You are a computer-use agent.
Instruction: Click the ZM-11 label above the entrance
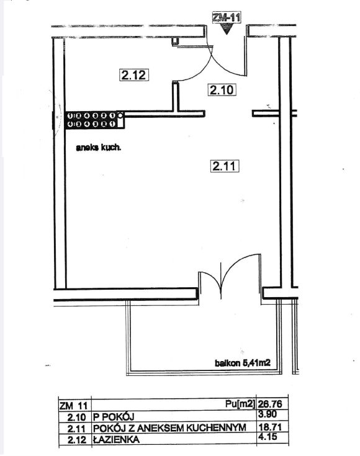click(227, 17)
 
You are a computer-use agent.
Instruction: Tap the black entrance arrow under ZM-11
click(227, 29)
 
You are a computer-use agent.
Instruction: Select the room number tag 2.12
click(134, 75)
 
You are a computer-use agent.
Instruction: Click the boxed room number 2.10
click(222, 89)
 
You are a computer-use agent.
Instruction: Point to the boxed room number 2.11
click(225, 166)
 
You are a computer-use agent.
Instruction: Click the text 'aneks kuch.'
click(98, 148)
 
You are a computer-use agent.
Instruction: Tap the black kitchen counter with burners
click(95, 120)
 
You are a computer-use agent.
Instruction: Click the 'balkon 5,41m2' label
click(243, 363)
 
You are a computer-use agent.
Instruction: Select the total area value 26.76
click(270, 404)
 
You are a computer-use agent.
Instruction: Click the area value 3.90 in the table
click(268, 414)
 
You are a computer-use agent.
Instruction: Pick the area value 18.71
click(270, 427)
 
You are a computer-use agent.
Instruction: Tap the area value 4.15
click(268, 437)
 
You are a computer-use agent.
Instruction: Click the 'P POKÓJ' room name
click(114, 417)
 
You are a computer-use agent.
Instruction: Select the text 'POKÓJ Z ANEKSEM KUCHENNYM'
click(169, 428)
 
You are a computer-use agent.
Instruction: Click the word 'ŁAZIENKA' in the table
click(116, 439)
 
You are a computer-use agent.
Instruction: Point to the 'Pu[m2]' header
click(240, 404)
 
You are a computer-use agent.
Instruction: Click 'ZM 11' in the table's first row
click(73, 406)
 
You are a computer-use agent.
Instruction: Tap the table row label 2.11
click(77, 429)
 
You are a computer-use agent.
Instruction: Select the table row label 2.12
click(77, 440)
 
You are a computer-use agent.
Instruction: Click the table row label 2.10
click(77, 418)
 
